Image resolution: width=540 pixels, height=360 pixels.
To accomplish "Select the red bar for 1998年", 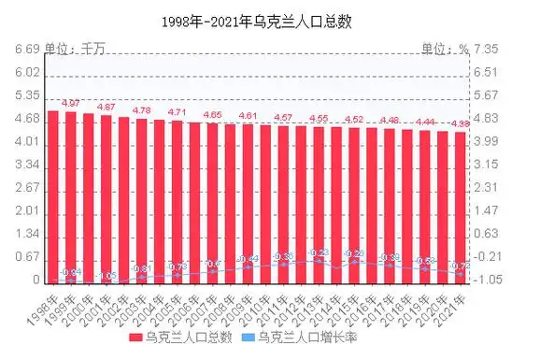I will [53, 196].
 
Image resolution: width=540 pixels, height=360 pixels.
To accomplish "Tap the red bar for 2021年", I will [460, 206].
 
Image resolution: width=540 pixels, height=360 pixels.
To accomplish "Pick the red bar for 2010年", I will [265, 203].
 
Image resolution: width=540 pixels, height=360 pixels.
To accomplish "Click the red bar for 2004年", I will [160, 200].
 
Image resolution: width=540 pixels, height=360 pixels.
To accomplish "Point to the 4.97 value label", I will [70, 102].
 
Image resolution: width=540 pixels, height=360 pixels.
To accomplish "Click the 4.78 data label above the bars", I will [141, 110].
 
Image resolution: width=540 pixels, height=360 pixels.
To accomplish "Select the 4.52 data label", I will [354, 119].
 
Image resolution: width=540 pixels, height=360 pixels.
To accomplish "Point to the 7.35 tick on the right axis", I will [488, 50].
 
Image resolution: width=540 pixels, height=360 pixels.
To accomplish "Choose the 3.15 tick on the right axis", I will [488, 165].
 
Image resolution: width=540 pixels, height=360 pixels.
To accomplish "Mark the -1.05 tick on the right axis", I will [488, 280].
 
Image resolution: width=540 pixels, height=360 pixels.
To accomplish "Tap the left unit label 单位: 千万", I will [76, 50].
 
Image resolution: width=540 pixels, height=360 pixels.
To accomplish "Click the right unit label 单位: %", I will [444, 50].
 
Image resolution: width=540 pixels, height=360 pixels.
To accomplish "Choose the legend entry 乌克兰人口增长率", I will [302, 336].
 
